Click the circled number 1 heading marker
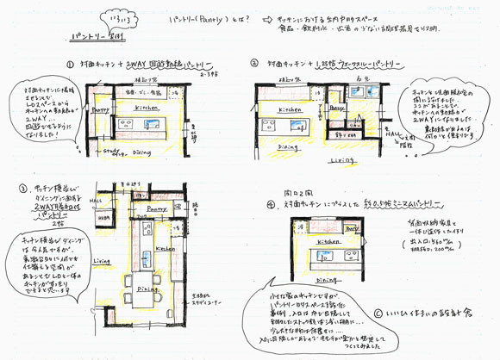(69, 64)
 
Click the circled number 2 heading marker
(255, 63)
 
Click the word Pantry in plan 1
(98, 111)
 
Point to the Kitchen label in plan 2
(291, 111)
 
